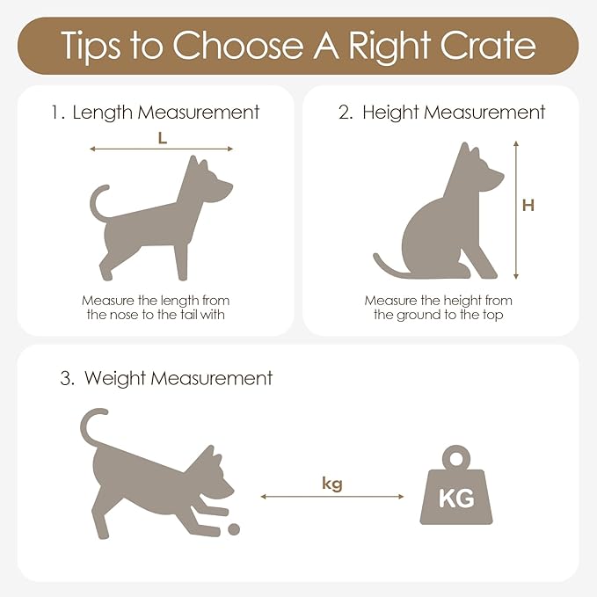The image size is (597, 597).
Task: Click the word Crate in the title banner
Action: pos(489,46)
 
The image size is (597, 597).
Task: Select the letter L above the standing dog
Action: pos(163,138)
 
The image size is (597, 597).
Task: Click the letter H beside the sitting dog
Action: pos(528,205)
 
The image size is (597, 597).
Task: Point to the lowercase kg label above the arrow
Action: pos(332,484)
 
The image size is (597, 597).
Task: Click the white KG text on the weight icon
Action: pos(456,498)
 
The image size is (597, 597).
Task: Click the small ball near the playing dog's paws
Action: pos(234,529)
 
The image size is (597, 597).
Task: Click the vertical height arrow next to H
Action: pos(516,210)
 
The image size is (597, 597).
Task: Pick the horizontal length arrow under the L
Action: pos(161,149)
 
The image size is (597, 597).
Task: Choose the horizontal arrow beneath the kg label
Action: pos(332,497)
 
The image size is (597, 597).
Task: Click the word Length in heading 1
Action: pos(102,113)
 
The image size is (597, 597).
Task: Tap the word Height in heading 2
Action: pos(390,113)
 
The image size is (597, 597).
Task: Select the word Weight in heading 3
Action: pos(115,379)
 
